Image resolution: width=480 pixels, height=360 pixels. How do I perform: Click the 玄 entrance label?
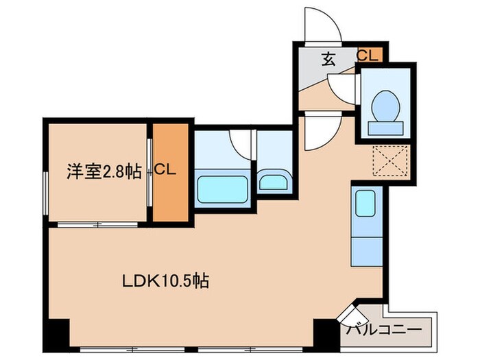pos(328,58)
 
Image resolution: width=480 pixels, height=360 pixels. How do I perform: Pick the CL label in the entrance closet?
pos(368,56)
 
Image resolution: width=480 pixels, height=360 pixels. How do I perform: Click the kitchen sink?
pos(364,204)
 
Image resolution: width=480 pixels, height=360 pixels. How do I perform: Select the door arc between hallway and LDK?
pos(321,132)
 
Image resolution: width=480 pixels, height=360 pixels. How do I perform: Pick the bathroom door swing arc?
pos(241,143)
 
